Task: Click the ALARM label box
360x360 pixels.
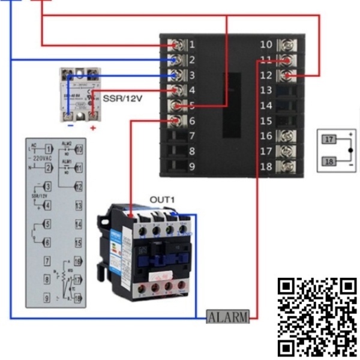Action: pos(227,317)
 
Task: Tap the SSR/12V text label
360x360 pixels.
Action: pos(124,98)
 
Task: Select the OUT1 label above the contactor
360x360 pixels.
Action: pos(161,199)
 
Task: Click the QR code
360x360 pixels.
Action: pos(317,316)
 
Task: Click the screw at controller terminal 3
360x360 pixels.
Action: pos(178,76)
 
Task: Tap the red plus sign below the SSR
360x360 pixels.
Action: pos(92,128)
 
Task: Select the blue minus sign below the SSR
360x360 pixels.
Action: pos(71,127)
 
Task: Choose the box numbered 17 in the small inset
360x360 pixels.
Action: pos(328,140)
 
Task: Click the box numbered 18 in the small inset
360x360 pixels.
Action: pos(328,161)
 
